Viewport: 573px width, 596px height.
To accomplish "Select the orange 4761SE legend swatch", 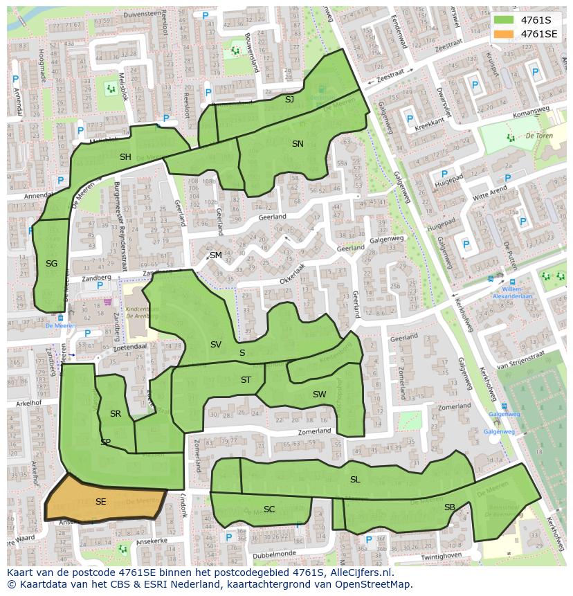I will click(x=504, y=34).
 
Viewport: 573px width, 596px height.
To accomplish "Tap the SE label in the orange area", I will click(x=100, y=502).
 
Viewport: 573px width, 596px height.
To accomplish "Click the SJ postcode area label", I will click(x=289, y=100).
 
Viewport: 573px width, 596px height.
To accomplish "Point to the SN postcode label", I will click(x=298, y=144).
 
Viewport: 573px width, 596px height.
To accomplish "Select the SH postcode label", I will click(x=125, y=157).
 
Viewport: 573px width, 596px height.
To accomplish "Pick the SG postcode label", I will click(x=51, y=264).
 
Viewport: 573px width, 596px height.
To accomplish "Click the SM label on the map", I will click(x=216, y=255).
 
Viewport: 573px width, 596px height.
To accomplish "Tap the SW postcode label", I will click(x=319, y=395).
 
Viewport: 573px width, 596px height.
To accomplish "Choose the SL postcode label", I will click(x=355, y=480).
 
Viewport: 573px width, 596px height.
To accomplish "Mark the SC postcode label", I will click(x=269, y=509).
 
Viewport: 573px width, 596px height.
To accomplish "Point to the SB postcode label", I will click(x=450, y=507).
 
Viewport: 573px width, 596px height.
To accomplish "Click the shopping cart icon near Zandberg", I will click(x=107, y=302).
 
